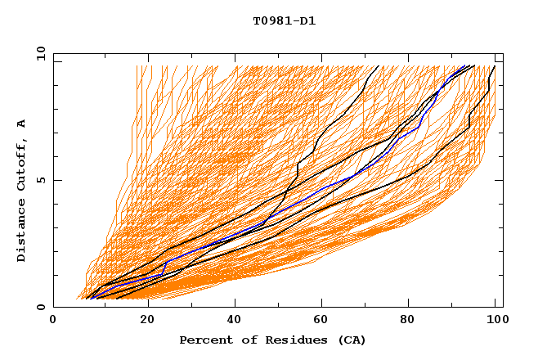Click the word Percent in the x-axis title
[203, 340]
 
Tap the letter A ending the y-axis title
[22, 124]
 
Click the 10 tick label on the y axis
[38, 53]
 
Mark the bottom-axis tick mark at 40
[235, 304]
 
